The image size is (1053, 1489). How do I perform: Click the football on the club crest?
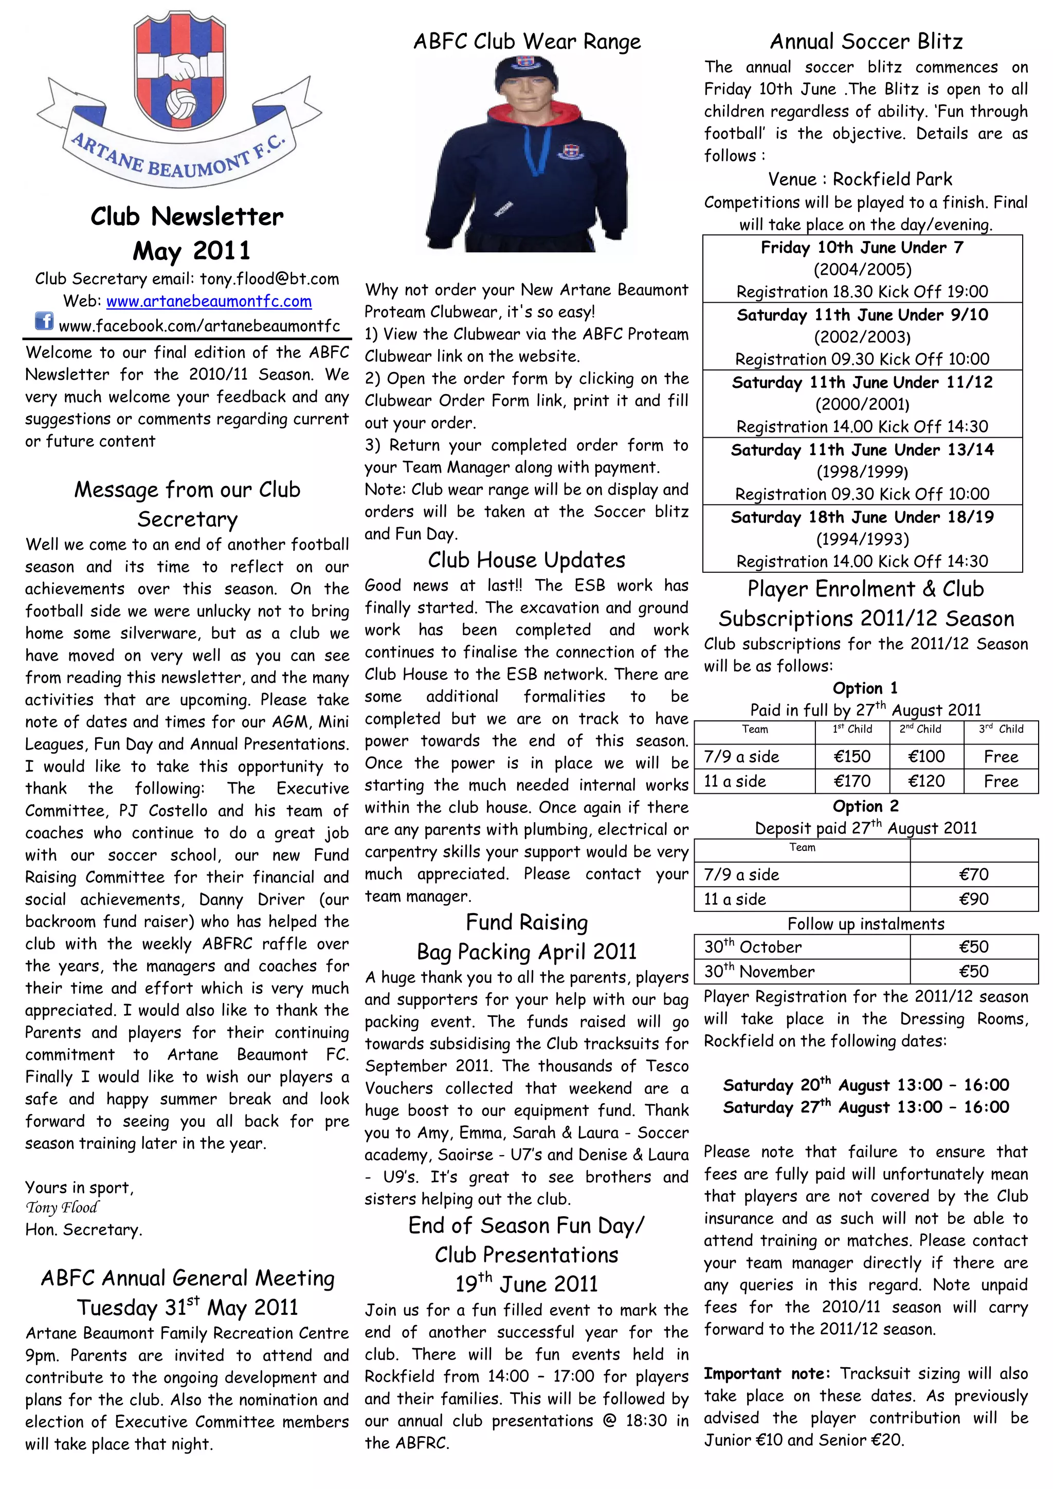(x=181, y=104)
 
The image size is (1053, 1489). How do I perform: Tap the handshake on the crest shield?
(x=180, y=67)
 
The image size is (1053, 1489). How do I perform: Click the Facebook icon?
(x=44, y=321)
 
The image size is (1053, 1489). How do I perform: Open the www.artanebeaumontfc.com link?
(x=208, y=302)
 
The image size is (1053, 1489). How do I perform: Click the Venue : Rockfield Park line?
(x=860, y=179)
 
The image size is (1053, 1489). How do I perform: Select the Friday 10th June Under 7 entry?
(x=862, y=248)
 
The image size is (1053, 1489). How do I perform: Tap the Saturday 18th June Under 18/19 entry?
(x=862, y=517)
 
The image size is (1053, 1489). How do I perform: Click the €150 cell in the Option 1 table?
(x=851, y=757)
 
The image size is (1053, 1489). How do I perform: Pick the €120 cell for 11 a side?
(x=926, y=781)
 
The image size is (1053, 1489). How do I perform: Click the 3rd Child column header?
(x=1001, y=730)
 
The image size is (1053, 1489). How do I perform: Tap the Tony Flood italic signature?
(x=62, y=1207)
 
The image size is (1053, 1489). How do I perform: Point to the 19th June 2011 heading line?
(x=526, y=1283)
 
